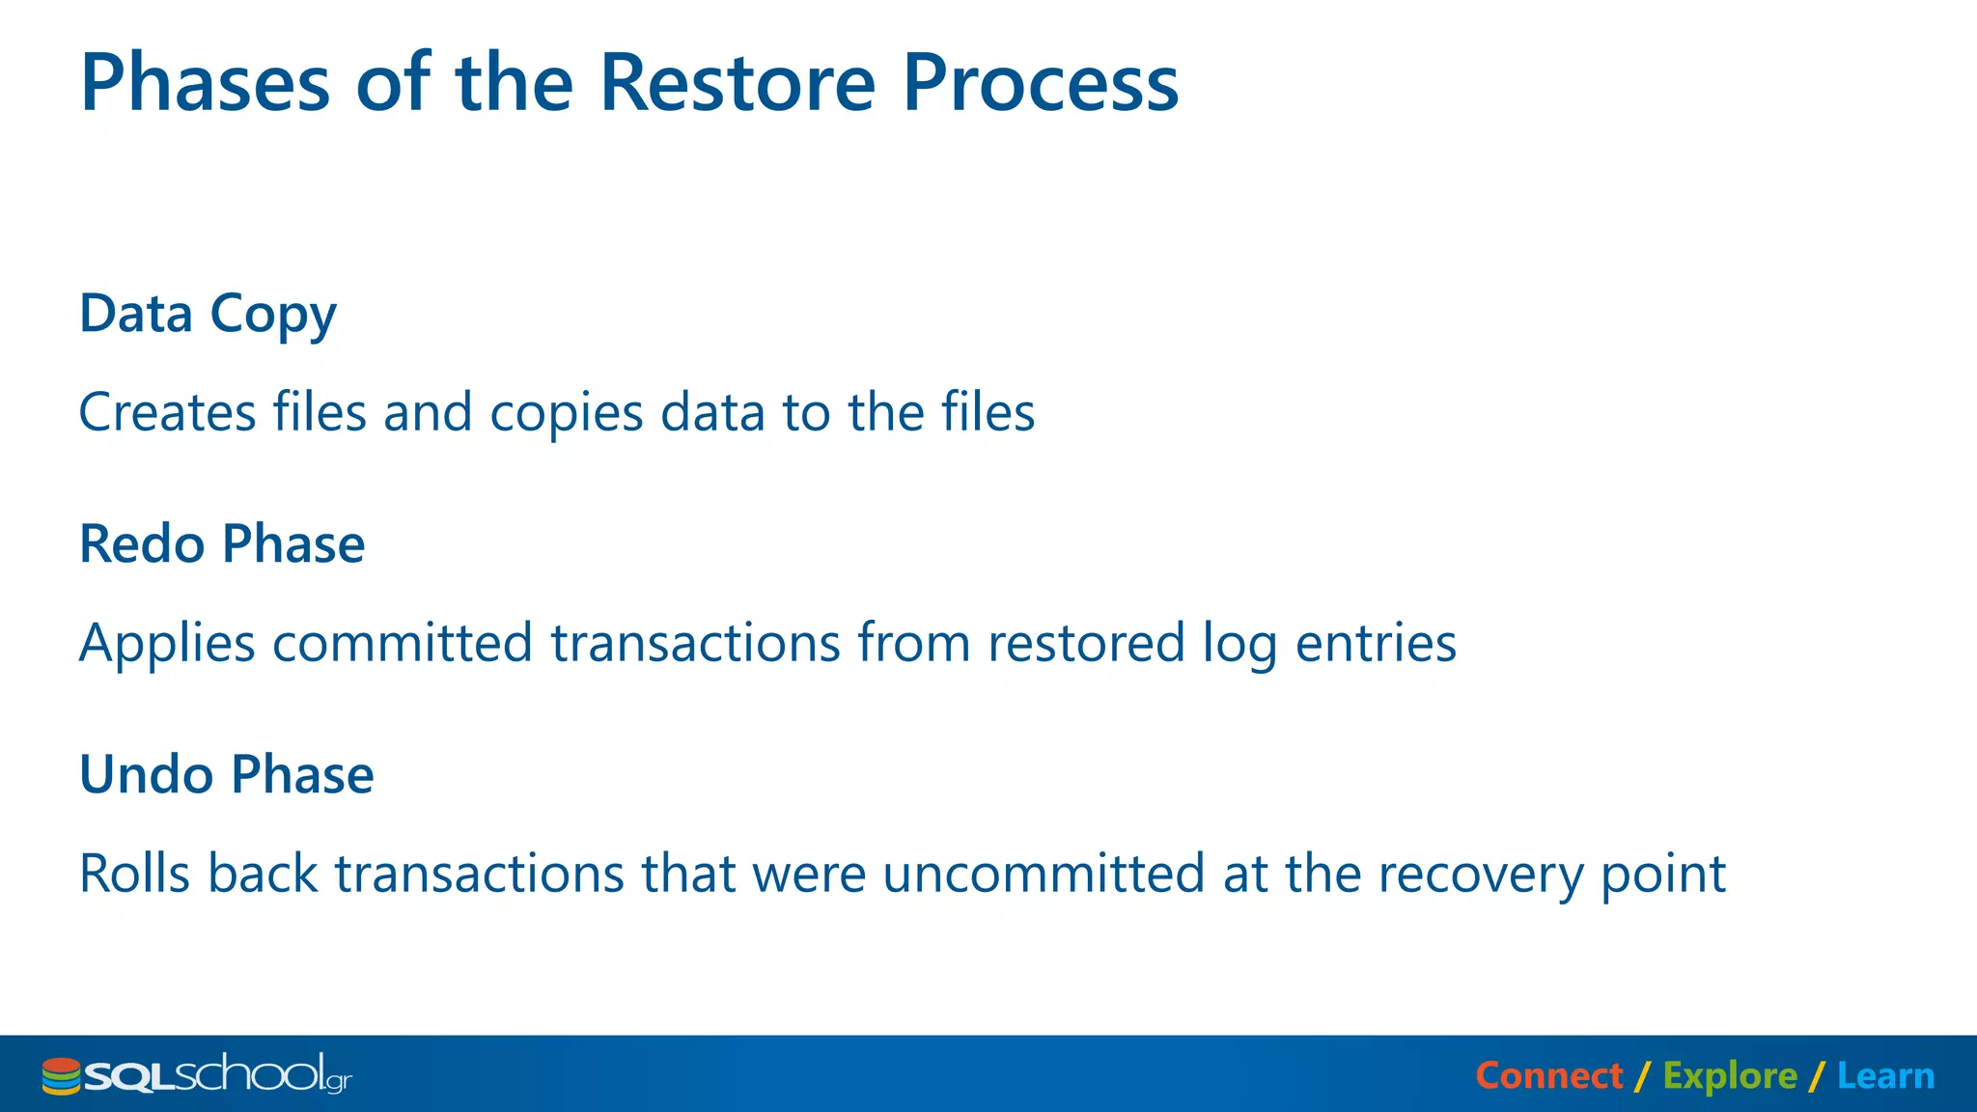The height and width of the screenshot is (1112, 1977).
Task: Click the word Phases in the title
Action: point(205,83)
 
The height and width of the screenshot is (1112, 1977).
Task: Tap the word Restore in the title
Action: point(738,83)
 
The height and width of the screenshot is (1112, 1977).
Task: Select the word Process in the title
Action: point(1040,83)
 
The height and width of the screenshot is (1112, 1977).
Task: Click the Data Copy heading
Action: point(208,315)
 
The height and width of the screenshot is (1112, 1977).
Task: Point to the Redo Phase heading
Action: point(222,544)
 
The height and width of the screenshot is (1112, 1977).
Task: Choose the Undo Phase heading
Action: point(226,775)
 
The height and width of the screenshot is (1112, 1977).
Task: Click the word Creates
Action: point(167,413)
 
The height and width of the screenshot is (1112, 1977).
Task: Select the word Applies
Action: point(167,645)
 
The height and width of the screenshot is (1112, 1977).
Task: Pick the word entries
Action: point(1375,645)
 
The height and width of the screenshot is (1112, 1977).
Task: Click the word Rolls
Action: point(134,874)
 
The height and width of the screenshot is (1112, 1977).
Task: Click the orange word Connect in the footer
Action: point(1548,1075)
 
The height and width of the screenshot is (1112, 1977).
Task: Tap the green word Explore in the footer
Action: point(1729,1076)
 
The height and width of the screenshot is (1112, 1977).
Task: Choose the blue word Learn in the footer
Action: point(1884,1075)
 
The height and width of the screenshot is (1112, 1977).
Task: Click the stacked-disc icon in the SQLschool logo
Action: point(61,1076)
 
